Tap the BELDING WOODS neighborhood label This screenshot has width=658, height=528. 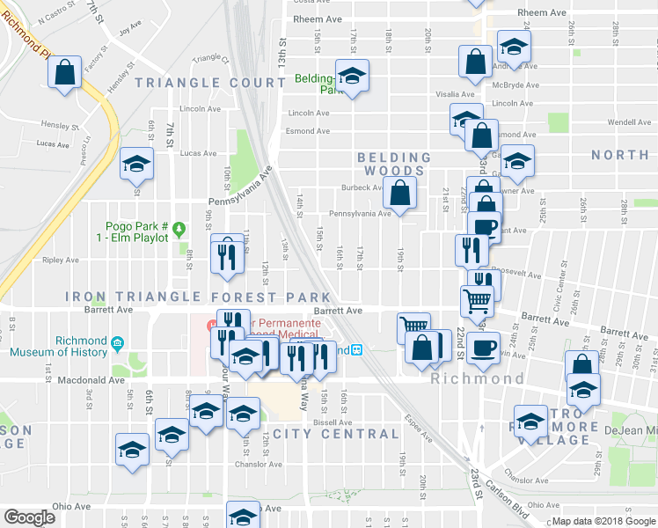[x=393, y=164]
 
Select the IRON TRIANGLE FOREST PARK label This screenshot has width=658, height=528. [x=199, y=297]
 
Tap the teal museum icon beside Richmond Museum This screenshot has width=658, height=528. [x=117, y=341]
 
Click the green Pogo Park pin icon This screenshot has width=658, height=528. [x=180, y=230]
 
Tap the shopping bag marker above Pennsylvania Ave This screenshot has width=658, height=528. [x=399, y=193]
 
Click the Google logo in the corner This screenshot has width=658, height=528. [x=29, y=517]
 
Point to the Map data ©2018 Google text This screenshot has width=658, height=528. [x=603, y=521]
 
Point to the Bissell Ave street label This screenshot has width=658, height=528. [x=332, y=422]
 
